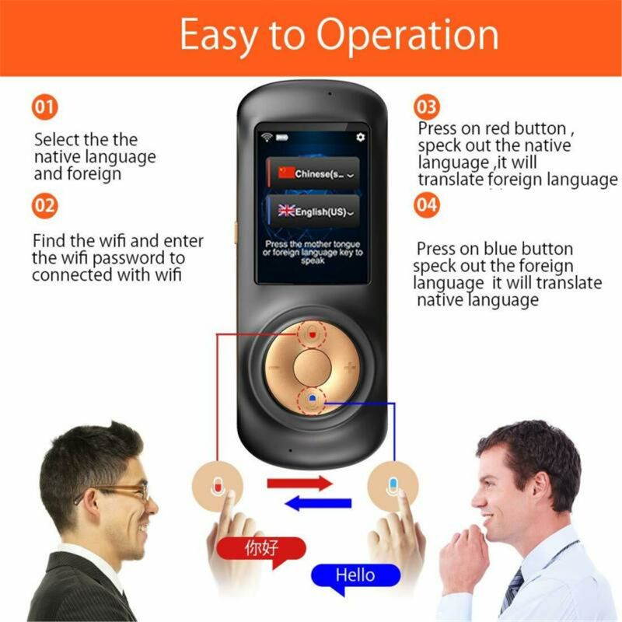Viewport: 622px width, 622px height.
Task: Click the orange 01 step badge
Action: (45, 107)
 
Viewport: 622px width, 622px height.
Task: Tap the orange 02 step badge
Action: (45, 206)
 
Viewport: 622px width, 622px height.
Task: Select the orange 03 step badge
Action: (427, 107)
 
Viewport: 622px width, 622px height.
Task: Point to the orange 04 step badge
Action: (427, 206)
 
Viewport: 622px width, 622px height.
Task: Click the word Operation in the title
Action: (407, 35)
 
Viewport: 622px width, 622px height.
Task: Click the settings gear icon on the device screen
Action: (360, 137)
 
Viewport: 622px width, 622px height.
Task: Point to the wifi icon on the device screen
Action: (266, 138)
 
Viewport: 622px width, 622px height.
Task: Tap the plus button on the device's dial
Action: (350, 367)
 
